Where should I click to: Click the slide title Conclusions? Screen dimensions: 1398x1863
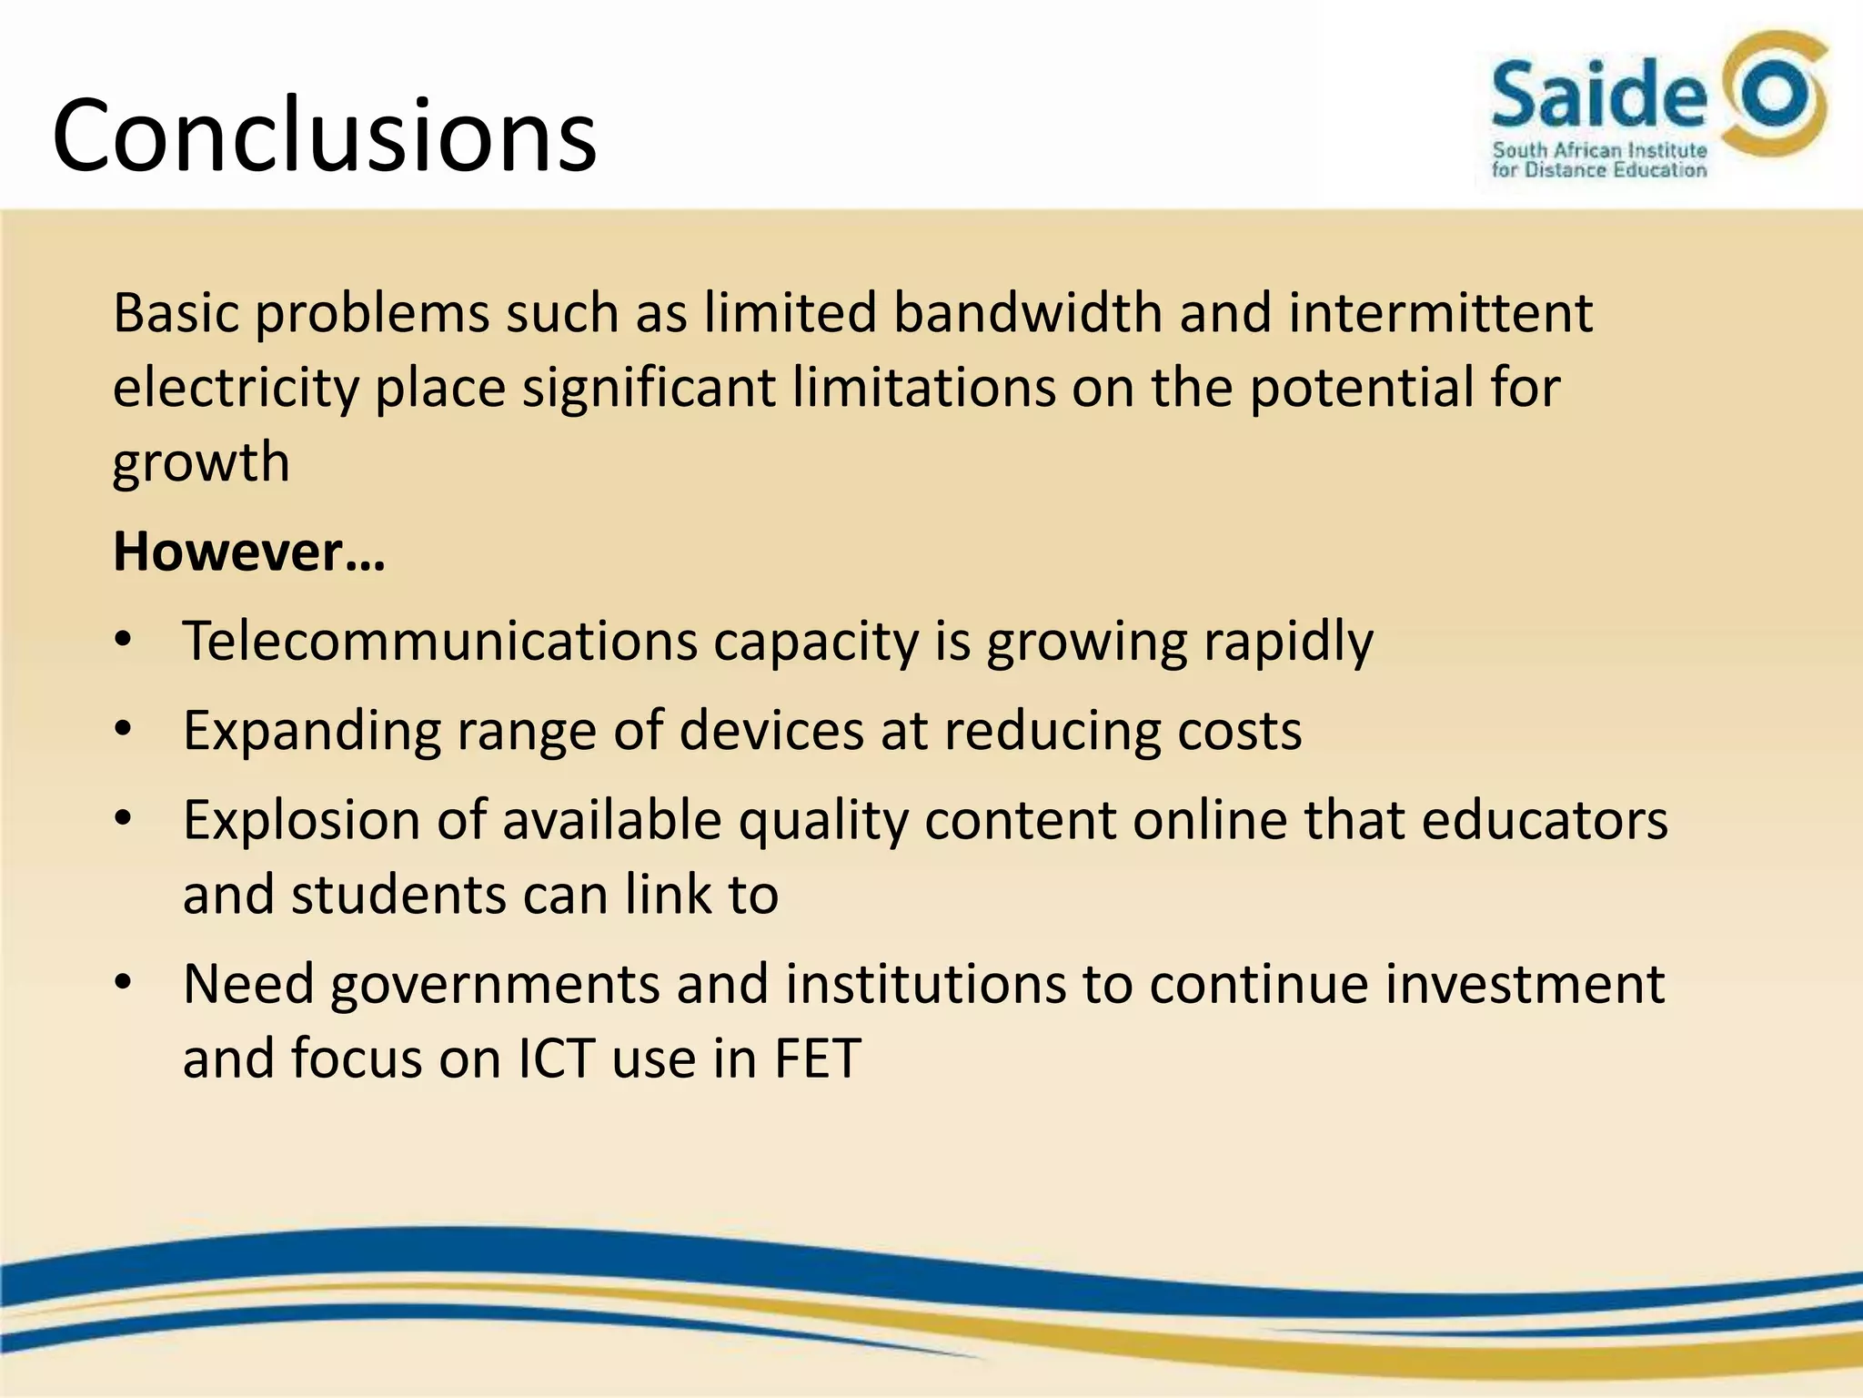(324, 137)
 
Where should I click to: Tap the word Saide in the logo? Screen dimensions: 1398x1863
(1599, 95)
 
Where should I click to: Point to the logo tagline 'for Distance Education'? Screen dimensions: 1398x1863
(1599, 170)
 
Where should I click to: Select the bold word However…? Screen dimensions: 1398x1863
(249, 552)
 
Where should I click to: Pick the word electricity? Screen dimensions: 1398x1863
(237, 388)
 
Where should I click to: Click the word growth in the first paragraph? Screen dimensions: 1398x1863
(201, 462)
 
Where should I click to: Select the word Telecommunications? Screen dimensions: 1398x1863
(439, 641)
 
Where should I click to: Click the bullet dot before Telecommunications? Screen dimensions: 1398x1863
(124, 641)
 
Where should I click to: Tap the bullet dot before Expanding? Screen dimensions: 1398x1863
(124, 730)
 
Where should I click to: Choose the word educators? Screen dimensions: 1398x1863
(1544, 820)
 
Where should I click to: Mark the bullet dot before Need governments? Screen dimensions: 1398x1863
(124, 984)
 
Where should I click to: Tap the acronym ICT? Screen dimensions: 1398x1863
(557, 1059)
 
